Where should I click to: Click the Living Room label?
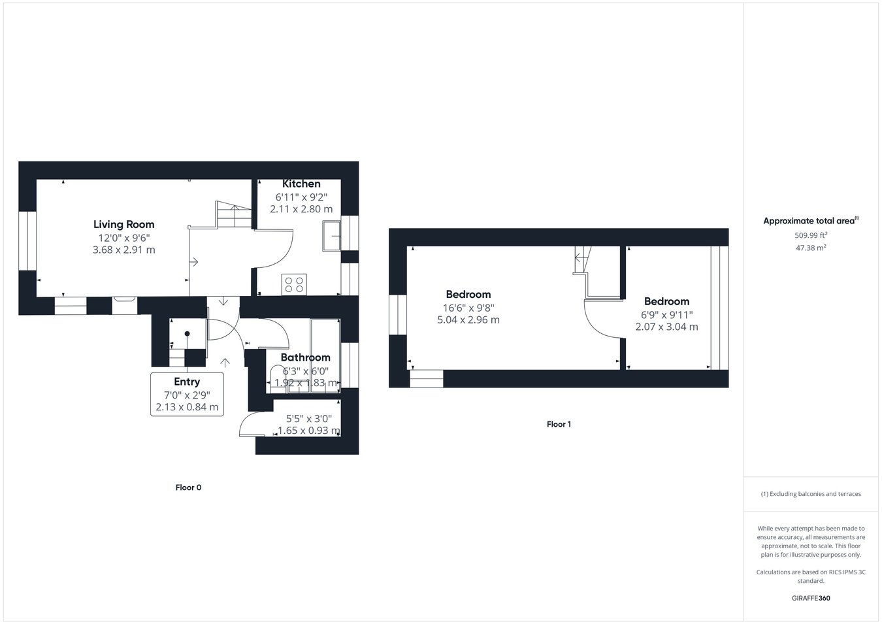click(x=123, y=224)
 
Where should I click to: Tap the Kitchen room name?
click(x=301, y=184)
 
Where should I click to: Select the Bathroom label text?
click(x=305, y=357)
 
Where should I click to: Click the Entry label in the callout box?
click(x=187, y=382)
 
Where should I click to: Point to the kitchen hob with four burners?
click(x=294, y=284)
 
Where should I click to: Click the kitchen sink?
click(x=331, y=236)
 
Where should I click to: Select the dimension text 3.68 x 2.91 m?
click(x=123, y=250)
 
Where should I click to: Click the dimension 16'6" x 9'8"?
click(x=468, y=308)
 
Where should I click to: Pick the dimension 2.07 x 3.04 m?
click(x=666, y=327)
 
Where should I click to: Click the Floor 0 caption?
click(x=188, y=487)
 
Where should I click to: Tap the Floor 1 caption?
click(x=559, y=425)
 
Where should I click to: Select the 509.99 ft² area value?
click(x=811, y=235)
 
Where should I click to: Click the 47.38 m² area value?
click(x=811, y=248)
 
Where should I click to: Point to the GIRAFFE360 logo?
click(x=811, y=598)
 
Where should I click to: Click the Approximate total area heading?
click(x=811, y=221)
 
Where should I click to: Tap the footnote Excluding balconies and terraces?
click(x=811, y=494)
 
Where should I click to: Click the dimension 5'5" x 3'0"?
click(x=309, y=419)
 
